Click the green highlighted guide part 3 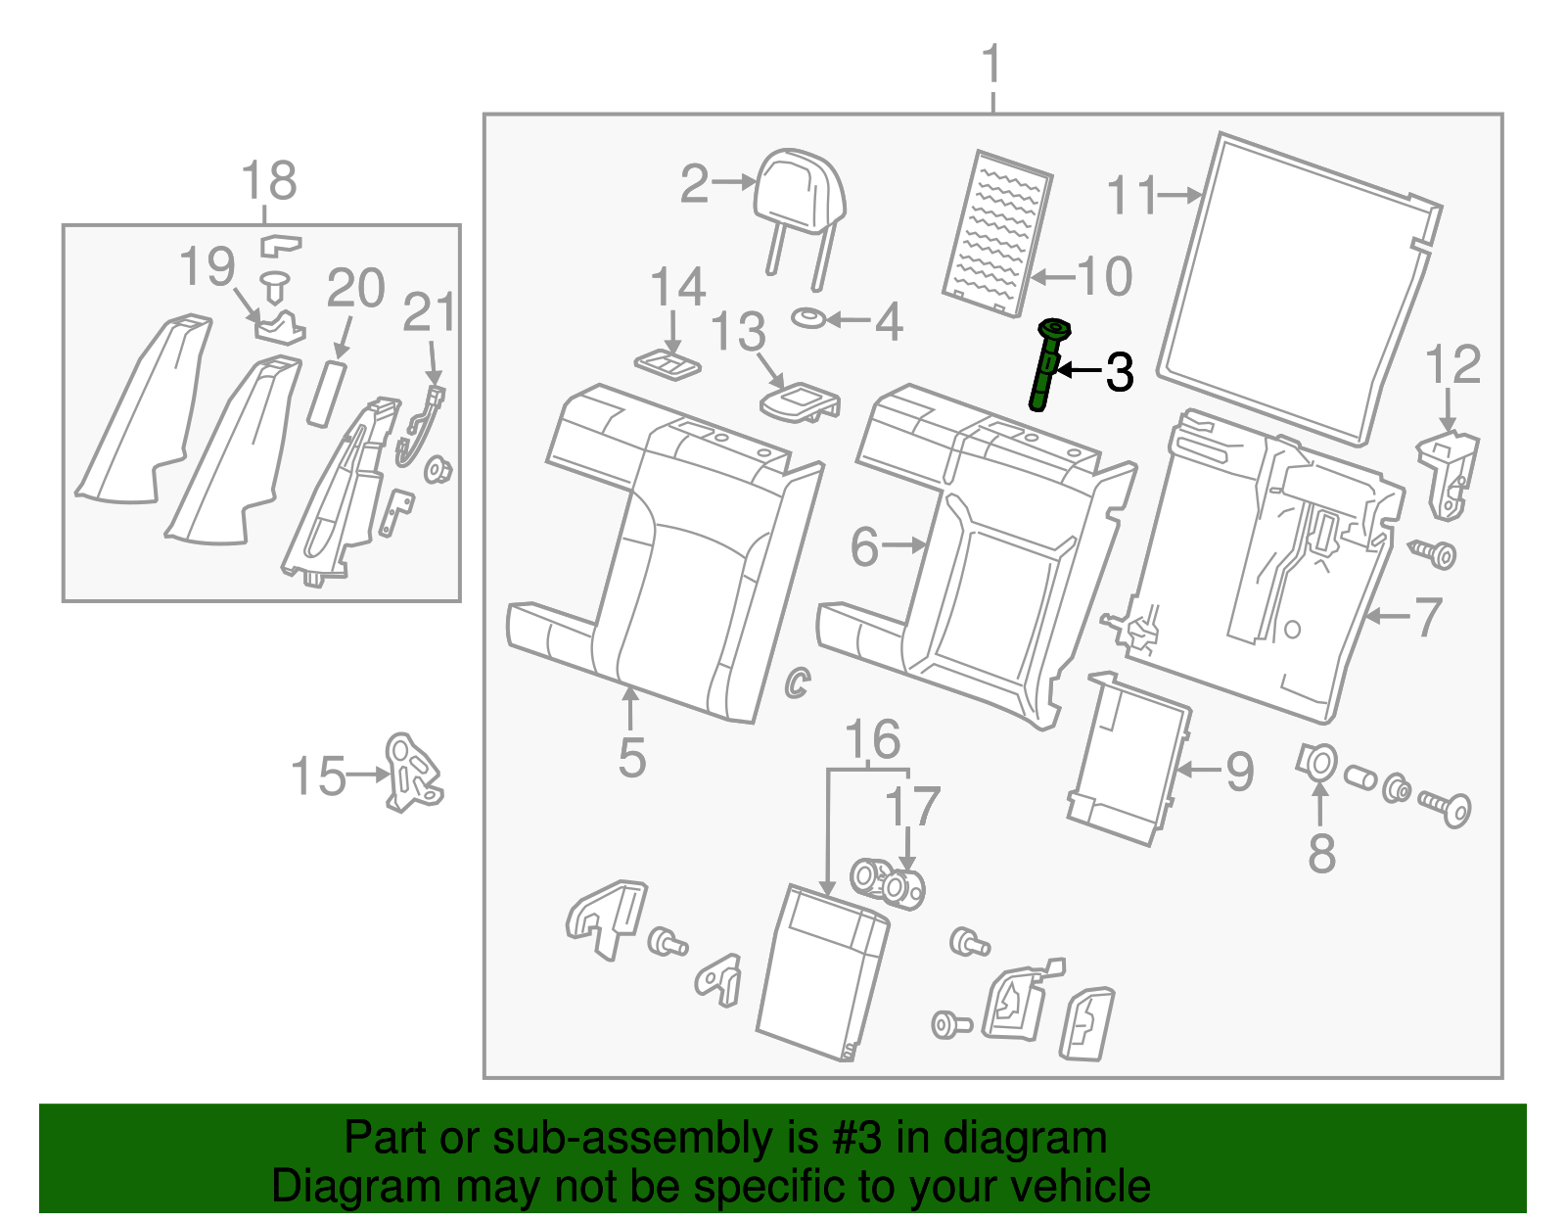tap(1046, 364)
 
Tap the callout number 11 tap(1131, 195)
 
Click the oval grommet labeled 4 tap(808, 318)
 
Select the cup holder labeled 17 tap(889, 882)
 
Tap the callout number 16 tap(872, 739)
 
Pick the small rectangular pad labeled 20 tap(327, 392)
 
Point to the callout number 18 tap(269, 180)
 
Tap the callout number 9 tap(1239, 772)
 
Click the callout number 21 tap(429, 312)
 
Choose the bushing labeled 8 tap(1317, 762)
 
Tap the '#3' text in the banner tap(857, 1139)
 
